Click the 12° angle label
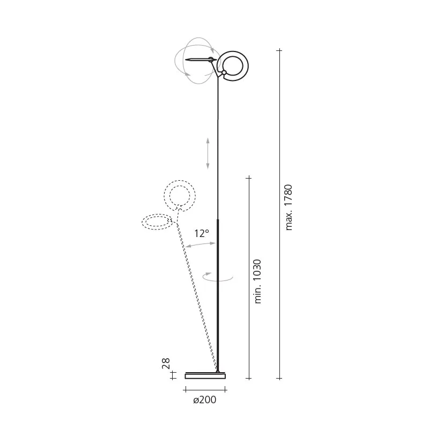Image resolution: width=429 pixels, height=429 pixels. click(202, 233)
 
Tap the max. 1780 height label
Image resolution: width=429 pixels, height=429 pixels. click(289, 207)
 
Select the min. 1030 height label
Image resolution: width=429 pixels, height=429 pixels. click(258, 281)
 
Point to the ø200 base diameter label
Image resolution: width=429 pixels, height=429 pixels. click(204, 400)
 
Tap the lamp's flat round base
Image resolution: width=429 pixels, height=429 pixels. click(205, 375)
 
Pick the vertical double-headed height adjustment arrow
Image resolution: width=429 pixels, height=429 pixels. click(208, 153)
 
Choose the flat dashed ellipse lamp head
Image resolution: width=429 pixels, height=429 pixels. click(157, 222)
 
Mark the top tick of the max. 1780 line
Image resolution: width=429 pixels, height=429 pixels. click(279, 50)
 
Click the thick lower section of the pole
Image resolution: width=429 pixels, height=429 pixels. click(217, 295)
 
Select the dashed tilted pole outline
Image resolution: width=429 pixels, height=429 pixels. click(196, 295)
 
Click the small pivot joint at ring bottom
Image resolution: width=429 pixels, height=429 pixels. click(224, 73)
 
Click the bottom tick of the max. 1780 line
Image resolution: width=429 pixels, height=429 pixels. click(279, 378)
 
